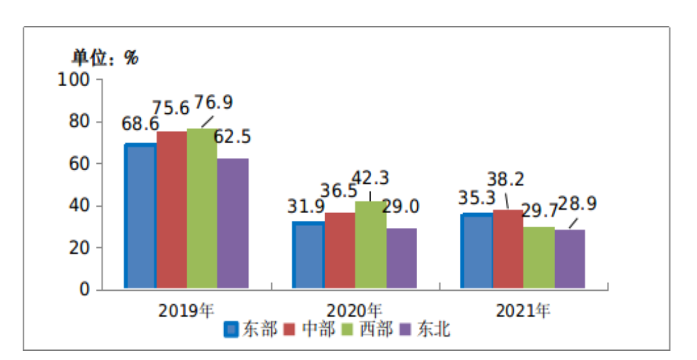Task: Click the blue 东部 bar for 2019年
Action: pyautogui.click(x=140, y=216)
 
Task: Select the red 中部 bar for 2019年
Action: pyautogui.click(x=172, y=210)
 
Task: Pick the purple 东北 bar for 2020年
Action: pyautogui.click(x=402, y=258)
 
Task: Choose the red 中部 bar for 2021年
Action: pyautogui.click(x=508, y=249)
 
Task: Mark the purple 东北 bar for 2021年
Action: pyautogui.click(x=570, y=259)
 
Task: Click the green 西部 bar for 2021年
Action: pyautogui.click(x=539, y=258)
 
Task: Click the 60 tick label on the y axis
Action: pyautogui.click(x=80, y=164)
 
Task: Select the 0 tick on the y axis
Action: pyautogui.click(x=85, y=290)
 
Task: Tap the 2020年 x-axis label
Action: pyautogui.click(x=354, y=310)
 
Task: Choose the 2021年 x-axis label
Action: pyautogui.click(x=523, y=310)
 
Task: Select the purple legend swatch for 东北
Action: pyautogui.click(x=405, y=330)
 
